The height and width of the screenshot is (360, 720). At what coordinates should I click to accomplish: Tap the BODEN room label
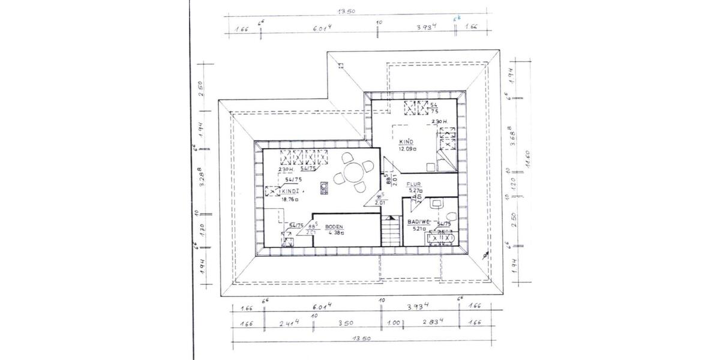point(334,227)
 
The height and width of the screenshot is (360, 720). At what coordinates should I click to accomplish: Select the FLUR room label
point(414,185)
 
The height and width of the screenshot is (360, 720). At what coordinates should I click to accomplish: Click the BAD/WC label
point(418,222)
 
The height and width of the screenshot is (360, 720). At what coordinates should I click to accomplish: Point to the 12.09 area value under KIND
point(407,148)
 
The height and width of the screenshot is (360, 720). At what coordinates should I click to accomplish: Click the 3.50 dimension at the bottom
point(346,323)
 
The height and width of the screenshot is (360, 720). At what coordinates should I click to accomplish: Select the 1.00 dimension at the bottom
point(394,323)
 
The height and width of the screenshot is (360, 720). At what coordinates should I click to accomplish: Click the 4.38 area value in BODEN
point(334,233)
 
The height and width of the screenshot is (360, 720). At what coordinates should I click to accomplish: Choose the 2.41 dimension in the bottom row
point(289,323)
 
